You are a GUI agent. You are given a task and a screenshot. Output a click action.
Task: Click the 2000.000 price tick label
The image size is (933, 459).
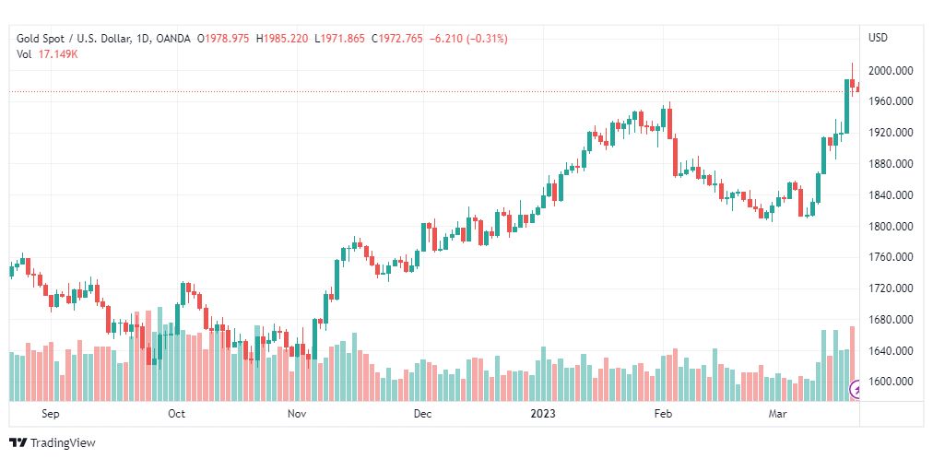pyautogui.click(x=891, y=70)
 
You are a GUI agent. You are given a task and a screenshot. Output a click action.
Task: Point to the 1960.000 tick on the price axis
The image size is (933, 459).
pyautogui.click(x=891, y=101)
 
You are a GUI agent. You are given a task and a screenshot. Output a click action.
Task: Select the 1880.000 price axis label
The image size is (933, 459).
pyautogui.click(x=891, y=164)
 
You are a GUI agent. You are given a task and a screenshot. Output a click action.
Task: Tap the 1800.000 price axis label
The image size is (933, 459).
pyautogui.click(x=891, y=227)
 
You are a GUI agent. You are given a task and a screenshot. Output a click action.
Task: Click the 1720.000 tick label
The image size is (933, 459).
pyautogui.click(x=891, y=288)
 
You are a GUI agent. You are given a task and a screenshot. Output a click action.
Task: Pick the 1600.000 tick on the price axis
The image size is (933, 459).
pyautogui.click(x=891, y=382)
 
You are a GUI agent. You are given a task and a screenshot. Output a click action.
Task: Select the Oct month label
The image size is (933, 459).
pyautogui.click(x=176, y=414)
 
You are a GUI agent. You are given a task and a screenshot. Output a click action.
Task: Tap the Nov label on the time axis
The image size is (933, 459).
pyautogui.click(x=297, y=414)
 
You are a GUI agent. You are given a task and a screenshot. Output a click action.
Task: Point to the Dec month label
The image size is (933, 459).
pyautogui.click(x=421, y=414)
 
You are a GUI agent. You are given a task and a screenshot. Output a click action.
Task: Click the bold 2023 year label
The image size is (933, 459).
pyautogui.click(x=542, y=414)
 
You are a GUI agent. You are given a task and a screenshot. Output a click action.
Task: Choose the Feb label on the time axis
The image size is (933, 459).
pyautogui.click(x=664, y=414)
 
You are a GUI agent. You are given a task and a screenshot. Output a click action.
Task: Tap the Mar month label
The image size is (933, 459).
pyautogui.click(x=779, y=414)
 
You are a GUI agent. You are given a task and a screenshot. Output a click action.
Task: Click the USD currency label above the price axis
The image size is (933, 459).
pyautogui.click(x=878, y=38)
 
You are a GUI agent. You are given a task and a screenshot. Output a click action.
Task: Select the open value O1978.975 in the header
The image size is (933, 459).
pyautogui.click(x=223, y=39)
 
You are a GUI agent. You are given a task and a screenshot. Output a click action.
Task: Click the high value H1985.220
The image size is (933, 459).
pyautogui.click(x=282, y=39)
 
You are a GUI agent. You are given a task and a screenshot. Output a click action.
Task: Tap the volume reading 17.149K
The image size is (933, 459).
pyautogui.click(x=58, y=54)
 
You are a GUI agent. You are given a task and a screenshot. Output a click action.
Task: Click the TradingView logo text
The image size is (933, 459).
pyautogui.click(x=62, y=443)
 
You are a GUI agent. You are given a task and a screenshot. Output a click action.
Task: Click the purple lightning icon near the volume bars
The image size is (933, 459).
pyautogui.click(x=857, y=390)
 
